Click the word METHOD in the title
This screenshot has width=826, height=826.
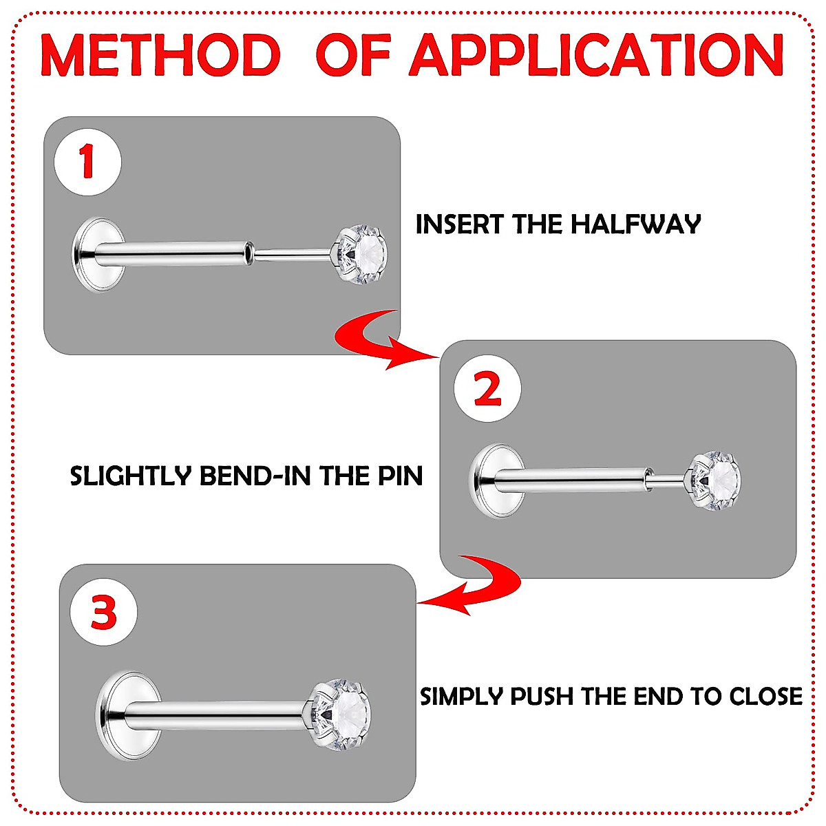pyautogui.click(x=161, y=55)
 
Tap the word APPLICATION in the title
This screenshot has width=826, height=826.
pyautogui.click(x=596, y=55)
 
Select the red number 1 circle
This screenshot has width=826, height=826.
pyautogui.click(x=88, y=162)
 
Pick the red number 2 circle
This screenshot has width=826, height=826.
pyautogui.click(x=487, y=388)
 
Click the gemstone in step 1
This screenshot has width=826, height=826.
pyautogui.click(x=363, y=255)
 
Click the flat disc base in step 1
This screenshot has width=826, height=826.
pyautogui.click(x=98, y=255)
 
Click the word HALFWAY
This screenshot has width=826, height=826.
pyautogui.click(x=636, y=224)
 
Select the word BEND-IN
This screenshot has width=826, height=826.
pyautogui.click(x=255, y=476)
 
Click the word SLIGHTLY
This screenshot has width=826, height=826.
pyautogui.click(x=130, y=476)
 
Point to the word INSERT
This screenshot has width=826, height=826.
pyautogui.click(x=460, y=224)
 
